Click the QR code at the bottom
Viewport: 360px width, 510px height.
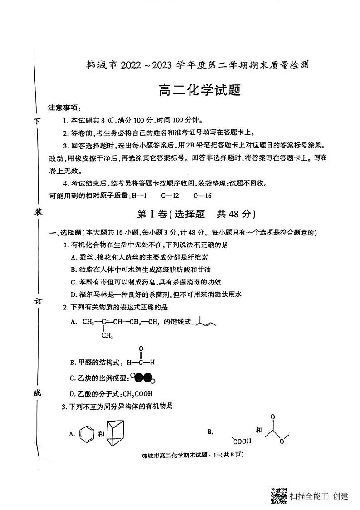(x=278, y=495)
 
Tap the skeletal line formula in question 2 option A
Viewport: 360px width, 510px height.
(x=206, y=323)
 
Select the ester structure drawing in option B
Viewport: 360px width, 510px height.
(x=276, y=430)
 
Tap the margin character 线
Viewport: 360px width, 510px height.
(x=39, y=392)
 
